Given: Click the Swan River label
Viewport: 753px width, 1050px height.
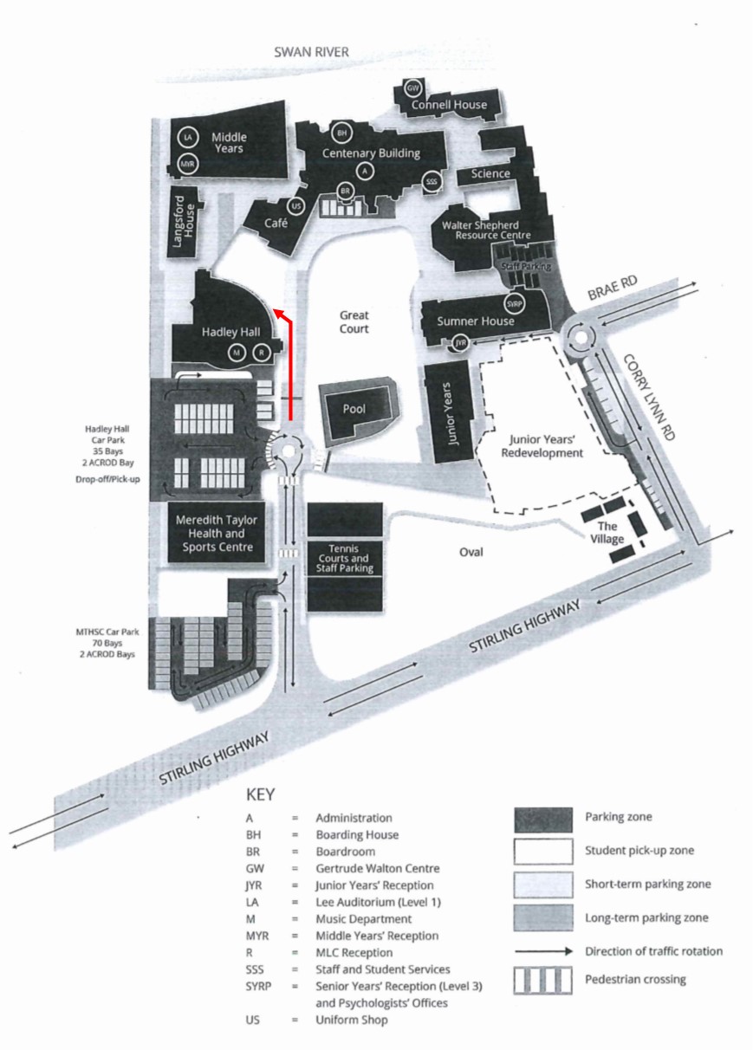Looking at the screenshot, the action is click(x=311, y=52).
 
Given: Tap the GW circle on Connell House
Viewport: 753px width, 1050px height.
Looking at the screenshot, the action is click(x=412, y=88).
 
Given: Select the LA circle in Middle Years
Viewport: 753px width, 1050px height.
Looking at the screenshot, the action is click(x=188, y=138).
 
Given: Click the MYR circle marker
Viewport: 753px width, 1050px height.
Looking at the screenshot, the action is click(x=187, y=165).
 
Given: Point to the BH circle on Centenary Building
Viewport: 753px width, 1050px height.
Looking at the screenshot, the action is click(x=341, y=133).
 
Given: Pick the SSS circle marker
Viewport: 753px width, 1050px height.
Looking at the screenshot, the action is click(x=432, y=182).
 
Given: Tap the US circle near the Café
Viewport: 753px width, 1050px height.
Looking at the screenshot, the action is click(x=296, y=206).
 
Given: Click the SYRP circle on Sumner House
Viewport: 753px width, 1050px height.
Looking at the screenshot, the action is click(x=515, y=304).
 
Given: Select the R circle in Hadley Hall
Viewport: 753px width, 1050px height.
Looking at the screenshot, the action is click(x=262, y=353).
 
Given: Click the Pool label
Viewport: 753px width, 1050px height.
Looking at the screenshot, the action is click(x=354, y=409).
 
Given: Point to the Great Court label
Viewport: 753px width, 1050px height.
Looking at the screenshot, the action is click(x=354, y=322).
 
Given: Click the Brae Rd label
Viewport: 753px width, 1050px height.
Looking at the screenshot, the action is click(x=613, y=288).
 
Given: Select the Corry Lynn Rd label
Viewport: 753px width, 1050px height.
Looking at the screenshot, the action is click(x=650, y=397).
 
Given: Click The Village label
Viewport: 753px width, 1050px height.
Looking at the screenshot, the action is click(x=607, y=533).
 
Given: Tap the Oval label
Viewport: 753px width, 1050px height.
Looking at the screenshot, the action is click(x=471, y=552).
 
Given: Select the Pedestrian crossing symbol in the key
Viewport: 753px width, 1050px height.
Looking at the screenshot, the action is click(x=543, y=980).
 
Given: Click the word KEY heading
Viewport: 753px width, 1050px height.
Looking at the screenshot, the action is click(x=260, y=795).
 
